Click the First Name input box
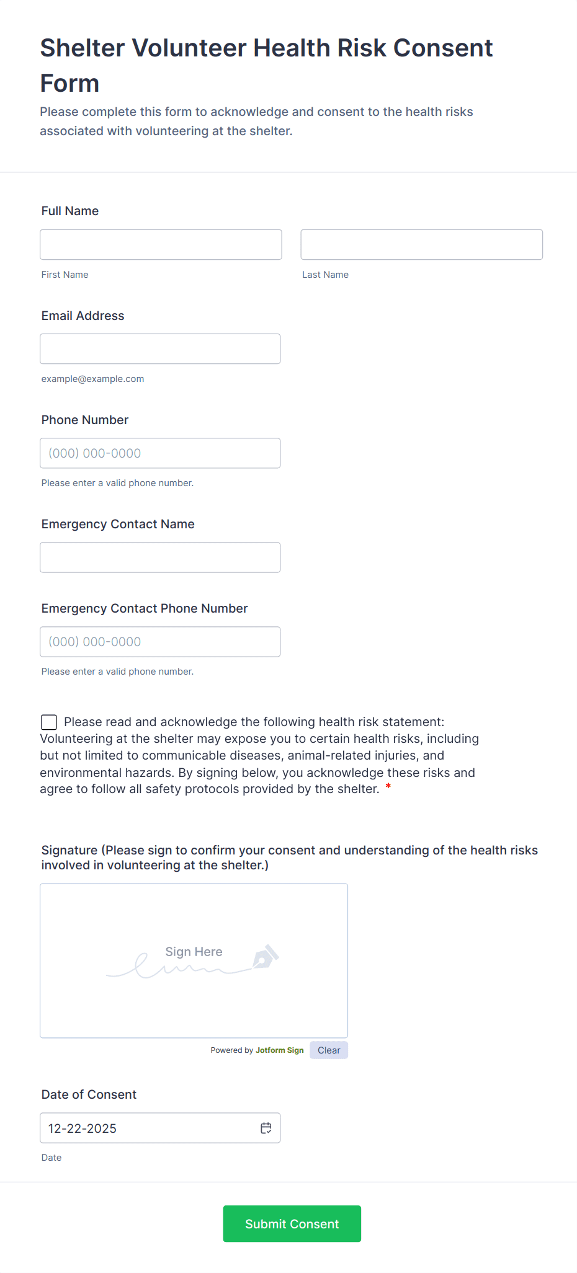coord(161,245)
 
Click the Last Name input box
coord(421,245)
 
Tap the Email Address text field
coord(160,349)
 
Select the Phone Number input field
coord(160,453)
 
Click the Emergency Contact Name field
coord(160,557)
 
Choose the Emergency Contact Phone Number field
coord(160,642)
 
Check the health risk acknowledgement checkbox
coord(49,722)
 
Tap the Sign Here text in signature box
coord(194,952)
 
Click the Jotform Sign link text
coord(279,1050)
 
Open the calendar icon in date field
coord(266,1128)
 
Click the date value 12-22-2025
coord(83,1129)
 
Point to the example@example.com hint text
coord(92,379)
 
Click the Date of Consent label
coord(89,1094)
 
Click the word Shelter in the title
coord(83,48)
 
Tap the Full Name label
coord(70,211)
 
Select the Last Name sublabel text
coord(325,275)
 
